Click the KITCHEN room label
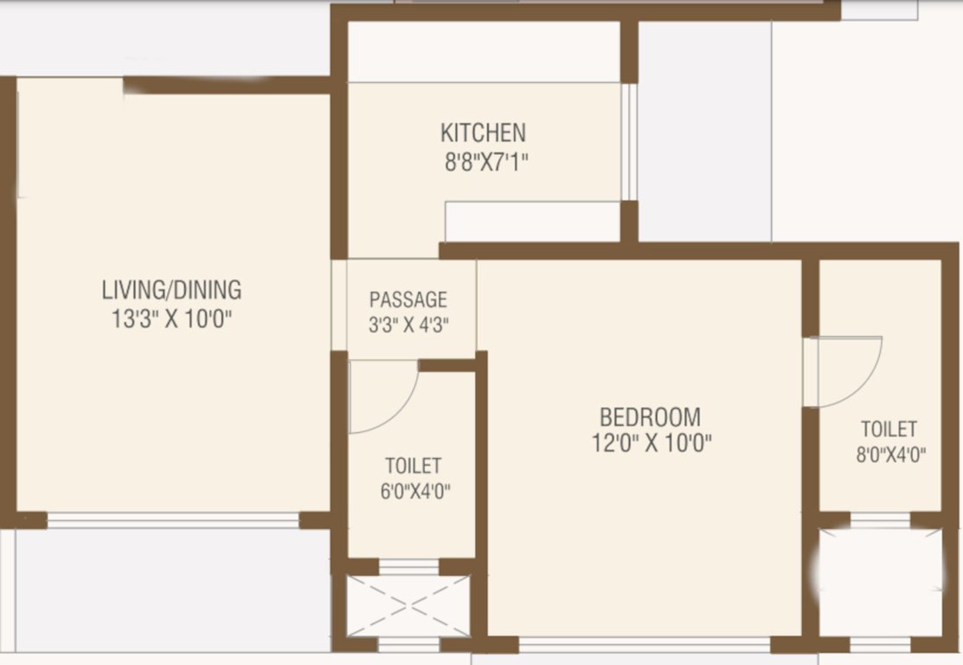[x=483, y=132]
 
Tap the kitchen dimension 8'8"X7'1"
[x=483, y=162]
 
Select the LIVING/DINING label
[x=171, y=289]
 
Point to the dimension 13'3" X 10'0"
[x=171, y=319]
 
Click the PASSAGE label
[x=408, y=300]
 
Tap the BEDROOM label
[x=651, y=416]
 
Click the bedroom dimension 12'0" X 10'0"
[x=651, y=444]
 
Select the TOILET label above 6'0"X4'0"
[x=414, y=466]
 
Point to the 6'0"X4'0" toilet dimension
[x=414, y=492]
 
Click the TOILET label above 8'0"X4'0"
[x=889, y=429]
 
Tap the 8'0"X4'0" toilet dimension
[x=889, y=455]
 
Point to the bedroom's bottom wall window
[x=644, y=645]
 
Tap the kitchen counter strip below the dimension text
[x=533, y=222]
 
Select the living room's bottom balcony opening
[x=173, y=520]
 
